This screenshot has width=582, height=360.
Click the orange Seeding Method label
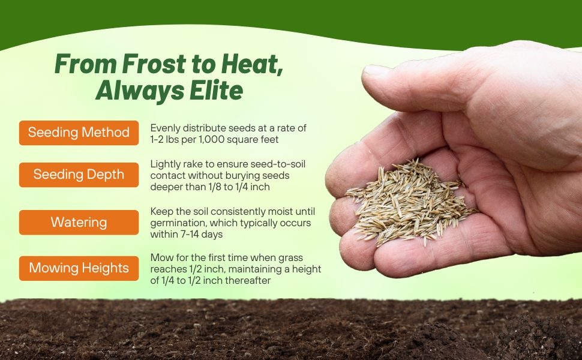tap(79, 133)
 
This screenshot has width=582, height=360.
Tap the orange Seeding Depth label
tap(79, 175)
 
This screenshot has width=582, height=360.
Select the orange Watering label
tap(79, 223)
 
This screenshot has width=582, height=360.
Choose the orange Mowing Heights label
tap(79, 268)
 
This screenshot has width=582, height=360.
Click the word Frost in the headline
tap(154, 64)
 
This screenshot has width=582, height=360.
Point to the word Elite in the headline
tap(216, 90)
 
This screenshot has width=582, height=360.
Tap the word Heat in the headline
tap(252, 64)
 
